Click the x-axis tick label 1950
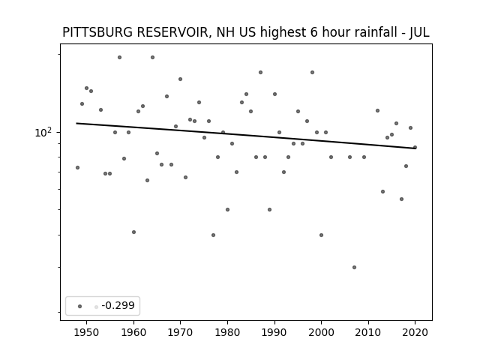tap(87, 332)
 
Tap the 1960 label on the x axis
tap(133, 332)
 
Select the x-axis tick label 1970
tap(180, 332)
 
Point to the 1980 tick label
tap(227, 332)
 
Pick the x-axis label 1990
tap(274, 332)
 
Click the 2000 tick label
tap(321, 332)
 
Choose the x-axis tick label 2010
tap(368, 332)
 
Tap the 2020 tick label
tap(415, 332)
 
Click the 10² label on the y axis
tap(43, 132)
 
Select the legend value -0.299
tap(118, 305)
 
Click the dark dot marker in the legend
tap(80, 306)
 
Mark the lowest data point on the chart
tap(354, 267)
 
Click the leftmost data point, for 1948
tap(77, 167)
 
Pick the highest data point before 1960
tap(119, 57)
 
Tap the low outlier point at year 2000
tap(321, 235)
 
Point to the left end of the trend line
tap(76, 123)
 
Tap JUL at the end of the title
tap(419, 32)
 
